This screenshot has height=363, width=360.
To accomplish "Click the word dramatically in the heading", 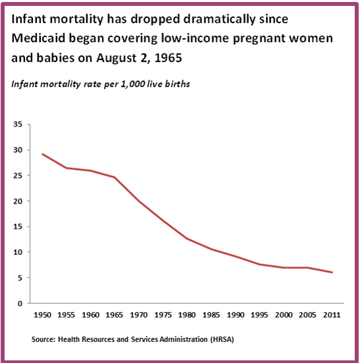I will pyautogui.click(x=190, y=19).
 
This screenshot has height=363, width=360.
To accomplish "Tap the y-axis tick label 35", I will pyautogui.click(x=18, y=125).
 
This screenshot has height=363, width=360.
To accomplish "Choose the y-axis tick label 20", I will pyautogui.click(x=18, y=202).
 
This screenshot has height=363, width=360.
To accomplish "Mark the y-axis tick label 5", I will pyautogui.click(x=20, y=278).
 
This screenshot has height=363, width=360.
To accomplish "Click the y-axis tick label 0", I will pyautogui.click(x=20, y=304).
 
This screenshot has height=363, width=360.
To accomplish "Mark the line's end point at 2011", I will pyautogui.click(x=332, y=273).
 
